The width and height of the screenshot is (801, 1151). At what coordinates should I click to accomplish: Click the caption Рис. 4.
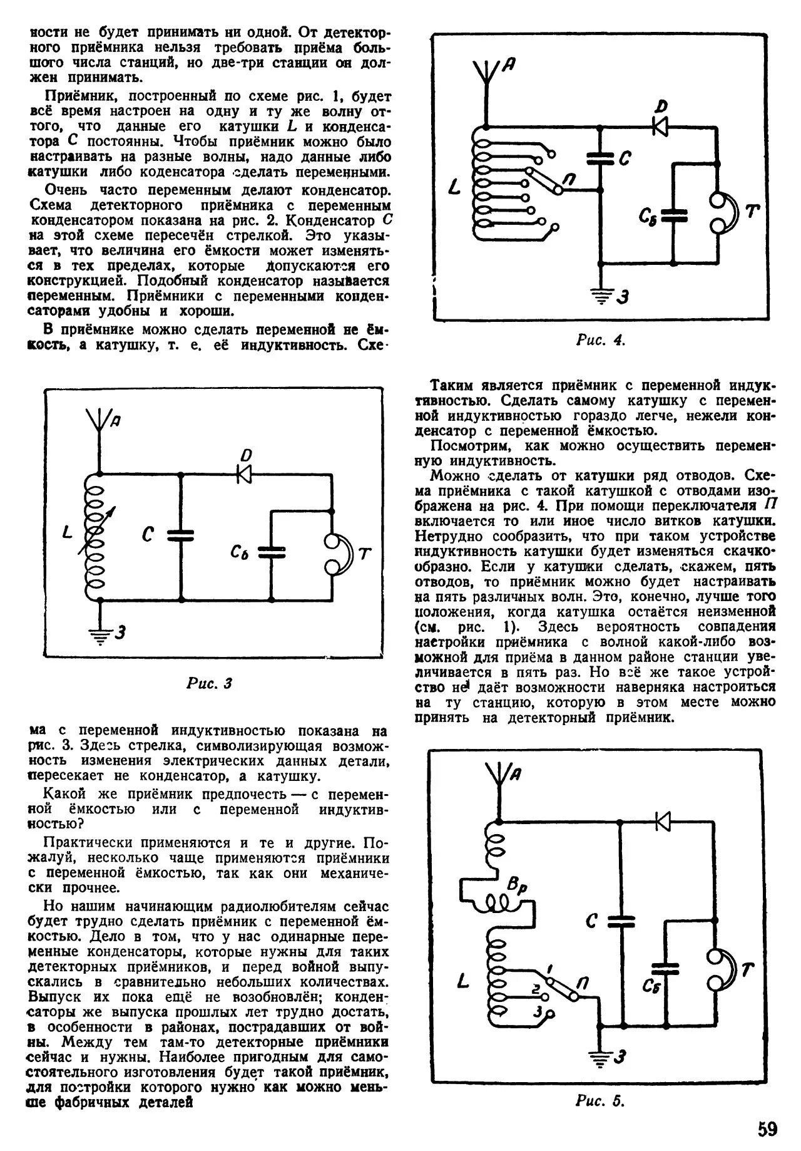[600, 341]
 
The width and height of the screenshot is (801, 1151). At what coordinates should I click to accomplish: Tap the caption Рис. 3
[209, 683]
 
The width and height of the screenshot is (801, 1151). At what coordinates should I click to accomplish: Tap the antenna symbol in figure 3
[98, 419]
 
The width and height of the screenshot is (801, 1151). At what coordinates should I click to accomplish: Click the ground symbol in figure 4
[601, 296]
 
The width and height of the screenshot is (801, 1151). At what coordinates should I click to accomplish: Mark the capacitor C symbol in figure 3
[180, 535]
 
